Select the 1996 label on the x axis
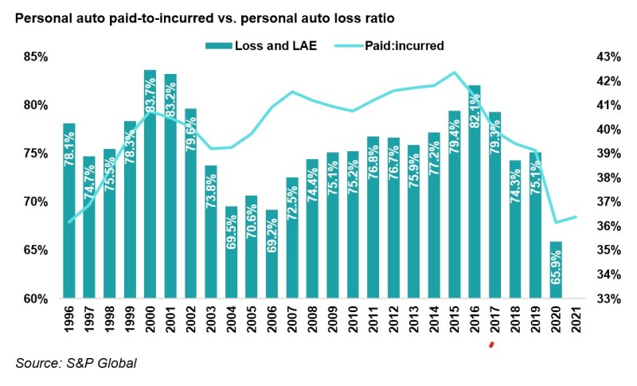(69, 324)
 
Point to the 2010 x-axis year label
(352, 324)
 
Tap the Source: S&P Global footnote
(76, 364)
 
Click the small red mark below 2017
(492, 344)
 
